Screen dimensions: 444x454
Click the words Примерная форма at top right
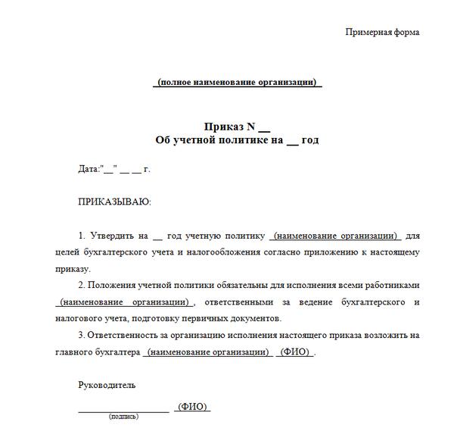(381, 32)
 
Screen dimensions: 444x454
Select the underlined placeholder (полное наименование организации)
(237, 82)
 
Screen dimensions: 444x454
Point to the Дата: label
(89, 169)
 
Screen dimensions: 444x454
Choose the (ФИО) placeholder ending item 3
(295, 352)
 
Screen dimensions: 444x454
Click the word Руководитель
(107, 385)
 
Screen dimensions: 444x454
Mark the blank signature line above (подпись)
(124, 410)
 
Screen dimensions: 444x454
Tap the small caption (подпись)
(123, 417)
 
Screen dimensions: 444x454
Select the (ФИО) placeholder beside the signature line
(192, 407)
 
